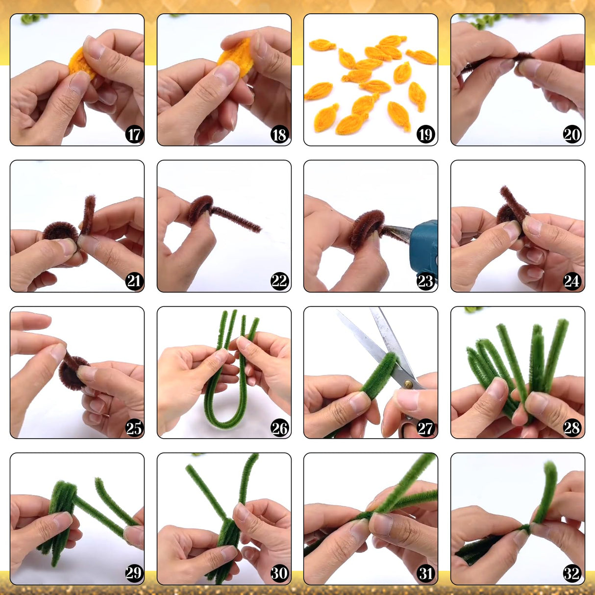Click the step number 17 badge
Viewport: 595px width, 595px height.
[x=134, y=134]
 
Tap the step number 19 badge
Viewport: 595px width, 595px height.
[x=425, y=134]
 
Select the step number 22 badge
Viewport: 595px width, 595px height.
[x=279, y=281]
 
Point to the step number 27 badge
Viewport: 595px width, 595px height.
[x=425, y=428]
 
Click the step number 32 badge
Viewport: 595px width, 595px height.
[x=572, y=573]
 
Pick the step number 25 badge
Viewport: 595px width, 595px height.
[x=134, y=428]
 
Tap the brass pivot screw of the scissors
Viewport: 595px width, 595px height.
[x=408, y=384]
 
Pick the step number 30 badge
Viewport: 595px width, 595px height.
[x=279, y=573]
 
